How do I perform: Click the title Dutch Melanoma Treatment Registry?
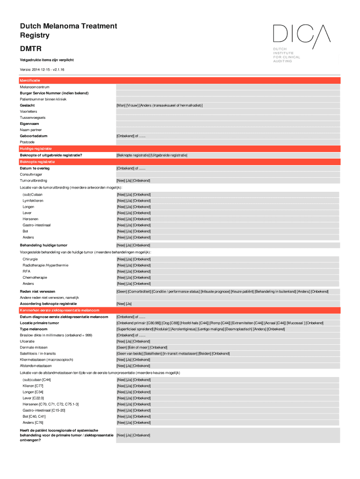coord(68,30)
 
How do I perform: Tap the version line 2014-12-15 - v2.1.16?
coord(42,69)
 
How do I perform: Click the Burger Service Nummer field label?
coord(54,93)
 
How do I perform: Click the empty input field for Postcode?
coord(228,142)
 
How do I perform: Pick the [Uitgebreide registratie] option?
coord(169,155)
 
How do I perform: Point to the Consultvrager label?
coord(31,174)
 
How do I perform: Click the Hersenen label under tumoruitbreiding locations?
coord(30,219)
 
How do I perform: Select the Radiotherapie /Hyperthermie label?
coord(45,265)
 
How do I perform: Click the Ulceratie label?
coord(27,341)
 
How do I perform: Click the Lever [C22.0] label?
coord(33,398)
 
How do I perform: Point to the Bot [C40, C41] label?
coord(34,416)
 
